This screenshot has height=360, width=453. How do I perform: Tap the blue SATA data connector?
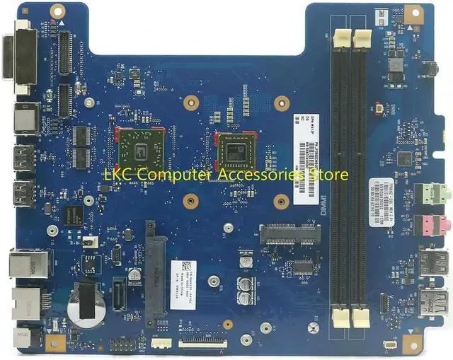click(120, 291)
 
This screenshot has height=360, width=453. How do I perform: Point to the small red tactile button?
click(380, 108)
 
